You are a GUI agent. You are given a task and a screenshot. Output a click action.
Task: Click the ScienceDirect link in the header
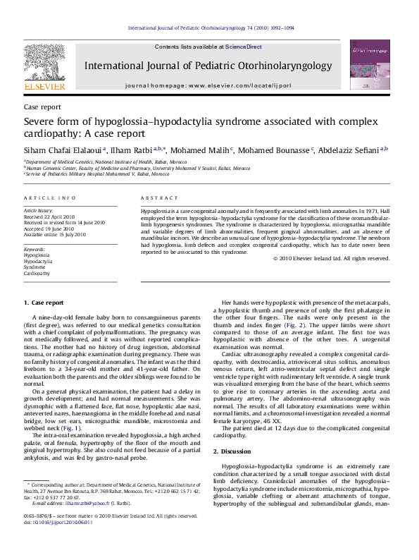point(243,46)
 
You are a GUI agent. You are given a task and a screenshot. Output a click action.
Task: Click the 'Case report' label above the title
point(42,106)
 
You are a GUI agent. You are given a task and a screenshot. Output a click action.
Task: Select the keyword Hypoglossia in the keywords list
point(37,255)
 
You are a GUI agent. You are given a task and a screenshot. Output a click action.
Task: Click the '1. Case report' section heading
point(44,303)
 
